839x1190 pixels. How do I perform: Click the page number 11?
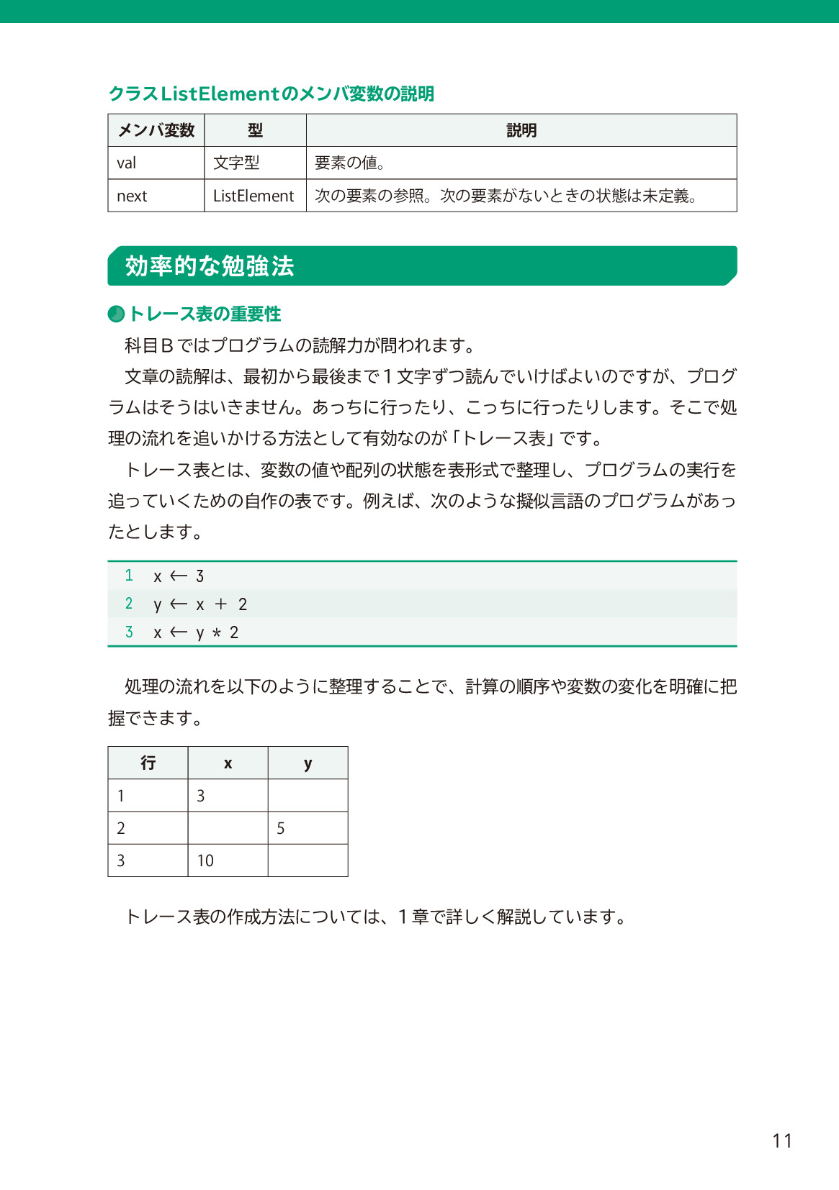[782, 1140]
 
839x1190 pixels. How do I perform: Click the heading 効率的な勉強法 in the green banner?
[210, 266]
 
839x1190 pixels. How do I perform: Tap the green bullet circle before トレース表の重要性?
[116, 314]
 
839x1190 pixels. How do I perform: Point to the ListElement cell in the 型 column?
[254, 196]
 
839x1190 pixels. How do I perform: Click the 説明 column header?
[521, 130]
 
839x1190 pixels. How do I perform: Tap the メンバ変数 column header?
[156, 130]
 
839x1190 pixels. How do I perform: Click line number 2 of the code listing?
[129, 604]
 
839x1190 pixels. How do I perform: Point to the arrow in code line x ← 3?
[179, 576]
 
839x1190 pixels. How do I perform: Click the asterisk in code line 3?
[216, 633]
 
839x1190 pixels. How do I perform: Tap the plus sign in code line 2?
[220, 604]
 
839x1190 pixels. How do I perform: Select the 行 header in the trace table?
[148, 763]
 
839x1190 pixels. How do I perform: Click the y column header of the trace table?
[308, 763]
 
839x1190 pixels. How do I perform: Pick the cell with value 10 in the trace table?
[206, 860]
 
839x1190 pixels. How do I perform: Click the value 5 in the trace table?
[281, 828]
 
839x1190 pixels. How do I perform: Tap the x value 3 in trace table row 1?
[201, 796]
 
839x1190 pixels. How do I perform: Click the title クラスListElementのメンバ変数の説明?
[272, 94]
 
